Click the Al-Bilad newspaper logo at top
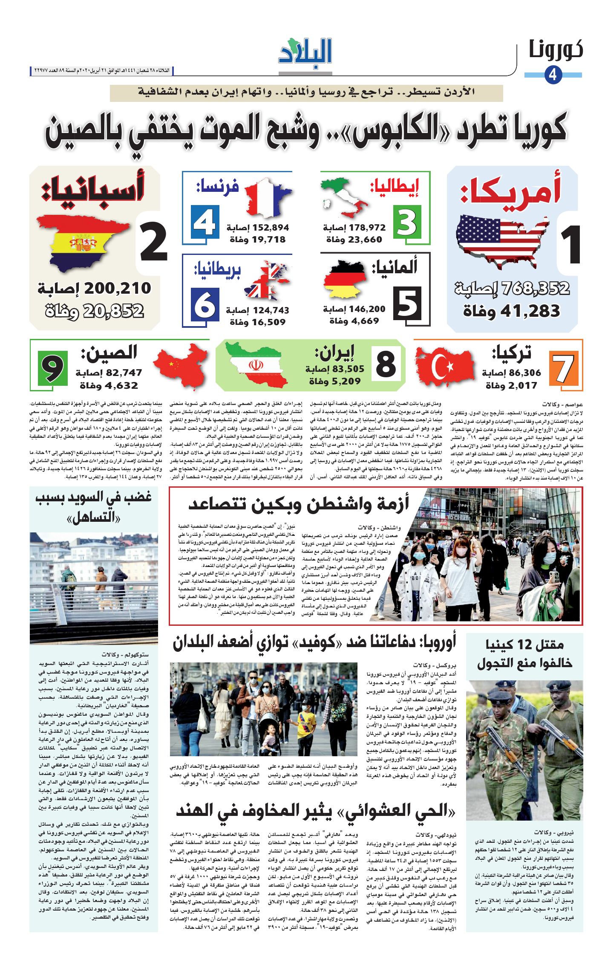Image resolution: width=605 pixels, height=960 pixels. click(305, 52)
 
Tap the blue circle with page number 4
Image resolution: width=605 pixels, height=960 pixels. click(553, 75)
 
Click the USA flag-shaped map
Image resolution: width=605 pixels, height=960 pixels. click(503, 240)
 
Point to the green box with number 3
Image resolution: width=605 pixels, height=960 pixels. click(407, 222)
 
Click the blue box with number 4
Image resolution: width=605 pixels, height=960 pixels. click(205, 222)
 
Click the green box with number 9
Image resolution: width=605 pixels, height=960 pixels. click(52, 367)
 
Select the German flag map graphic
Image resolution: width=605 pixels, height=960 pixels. click(345, 279)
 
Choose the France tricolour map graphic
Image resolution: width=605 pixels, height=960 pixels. click(266, 196)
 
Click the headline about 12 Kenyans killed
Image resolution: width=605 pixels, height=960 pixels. click(524, 654)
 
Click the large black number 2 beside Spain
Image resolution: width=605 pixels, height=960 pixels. click(153, 243)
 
